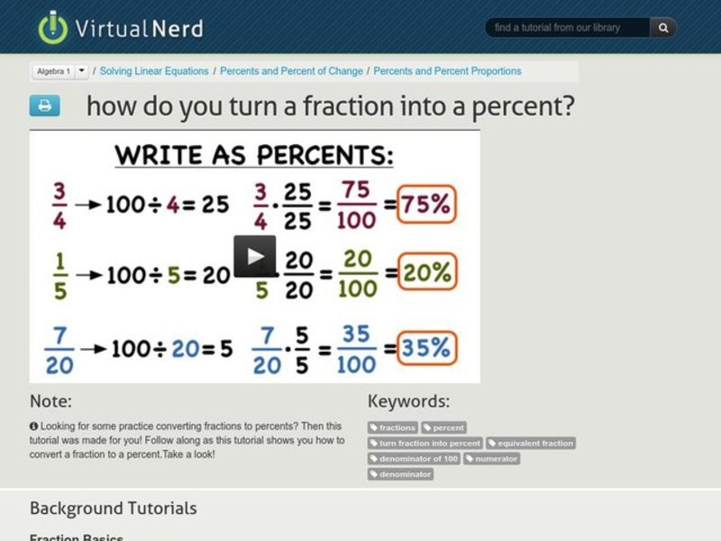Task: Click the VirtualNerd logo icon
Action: pos(52,27)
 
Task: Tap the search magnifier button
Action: pos(663,28)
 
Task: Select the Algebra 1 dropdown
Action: pos(60,71)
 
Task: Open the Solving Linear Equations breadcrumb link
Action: pos(154,71)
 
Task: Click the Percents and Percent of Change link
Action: pos(291,71)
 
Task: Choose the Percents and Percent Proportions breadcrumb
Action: pos(447,71)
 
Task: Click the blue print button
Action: pos(44,105)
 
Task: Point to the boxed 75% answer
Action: pos(427,205)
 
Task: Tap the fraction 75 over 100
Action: pos(356,206)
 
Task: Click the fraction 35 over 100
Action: pos(356,348)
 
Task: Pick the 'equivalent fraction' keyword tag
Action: pos(531,444)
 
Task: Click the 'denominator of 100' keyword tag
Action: pos(414,459)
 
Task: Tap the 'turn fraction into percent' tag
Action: pos(425,444)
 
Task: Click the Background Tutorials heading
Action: pos(113,509)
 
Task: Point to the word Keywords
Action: pos(408,401)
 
